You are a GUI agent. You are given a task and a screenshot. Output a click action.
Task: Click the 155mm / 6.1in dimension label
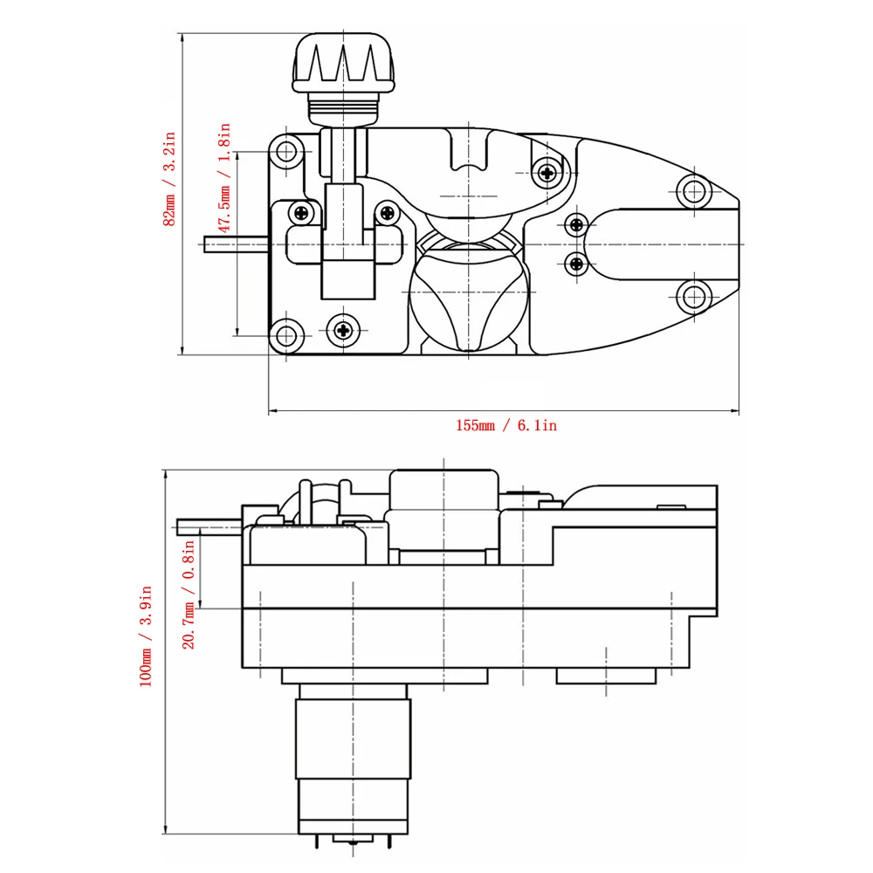(505, 426)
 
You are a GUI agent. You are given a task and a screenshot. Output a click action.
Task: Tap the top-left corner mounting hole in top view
(285, 153)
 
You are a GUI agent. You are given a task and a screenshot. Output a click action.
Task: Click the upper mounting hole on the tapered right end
(694, 190)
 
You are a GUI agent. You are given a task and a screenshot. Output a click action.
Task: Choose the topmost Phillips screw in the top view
(547, 172)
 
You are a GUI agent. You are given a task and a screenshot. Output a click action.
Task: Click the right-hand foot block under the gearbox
(607, 676)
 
